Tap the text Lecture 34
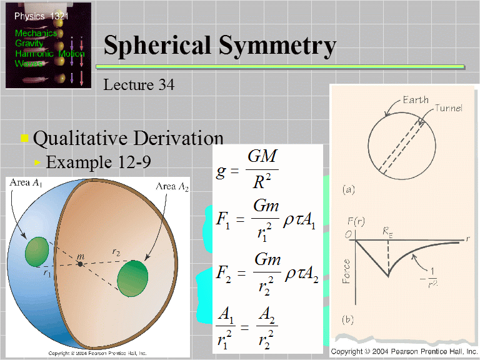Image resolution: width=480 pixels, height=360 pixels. click(139, 84)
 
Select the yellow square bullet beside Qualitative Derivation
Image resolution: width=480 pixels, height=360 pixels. click(24, 138)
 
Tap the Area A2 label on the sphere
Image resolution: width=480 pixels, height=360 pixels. click(172, 186)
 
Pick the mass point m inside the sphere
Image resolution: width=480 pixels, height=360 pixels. click(81, 264)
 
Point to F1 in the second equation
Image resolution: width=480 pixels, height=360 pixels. click(222, 221)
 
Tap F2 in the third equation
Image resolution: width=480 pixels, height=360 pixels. click(222, 274)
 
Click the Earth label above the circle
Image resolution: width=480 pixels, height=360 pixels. click(416, 100)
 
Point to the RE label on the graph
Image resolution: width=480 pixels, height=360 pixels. click(388, 231)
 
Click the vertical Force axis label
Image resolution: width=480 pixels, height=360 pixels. click(346, 271)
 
